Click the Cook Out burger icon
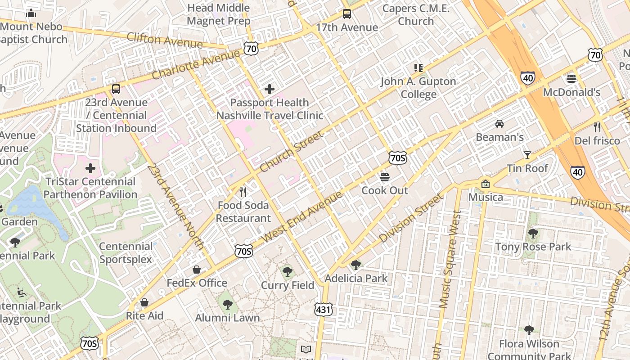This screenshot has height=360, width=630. pos(384,177)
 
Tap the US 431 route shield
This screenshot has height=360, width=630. pos(324,309)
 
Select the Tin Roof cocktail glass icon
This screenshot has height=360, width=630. pos(527,155)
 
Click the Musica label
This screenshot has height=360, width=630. pos(486,197)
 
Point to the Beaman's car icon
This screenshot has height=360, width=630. pos(499,123)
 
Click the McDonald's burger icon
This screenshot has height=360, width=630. pos(571,79)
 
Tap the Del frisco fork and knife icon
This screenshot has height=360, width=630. pos(597,127)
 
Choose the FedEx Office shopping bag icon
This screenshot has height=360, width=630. pos(197,270)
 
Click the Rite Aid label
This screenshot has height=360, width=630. pos(144,315)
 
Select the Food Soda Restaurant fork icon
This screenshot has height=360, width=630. pos(243,192)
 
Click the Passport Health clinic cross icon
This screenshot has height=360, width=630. pos(270,89)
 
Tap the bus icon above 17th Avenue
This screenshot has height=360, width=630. pos(346,14)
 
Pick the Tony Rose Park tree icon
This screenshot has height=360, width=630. pos(533,233)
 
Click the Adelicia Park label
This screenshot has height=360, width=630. pos(356,278)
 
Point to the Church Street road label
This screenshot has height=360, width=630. pos(291,151)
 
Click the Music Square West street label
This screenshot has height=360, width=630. pos(451,259)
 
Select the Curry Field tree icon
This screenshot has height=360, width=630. pos(287,272)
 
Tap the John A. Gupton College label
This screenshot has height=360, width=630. pos(418,88)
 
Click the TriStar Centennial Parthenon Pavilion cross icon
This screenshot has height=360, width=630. pos(90,168)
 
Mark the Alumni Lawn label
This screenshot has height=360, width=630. pos(227,317)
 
